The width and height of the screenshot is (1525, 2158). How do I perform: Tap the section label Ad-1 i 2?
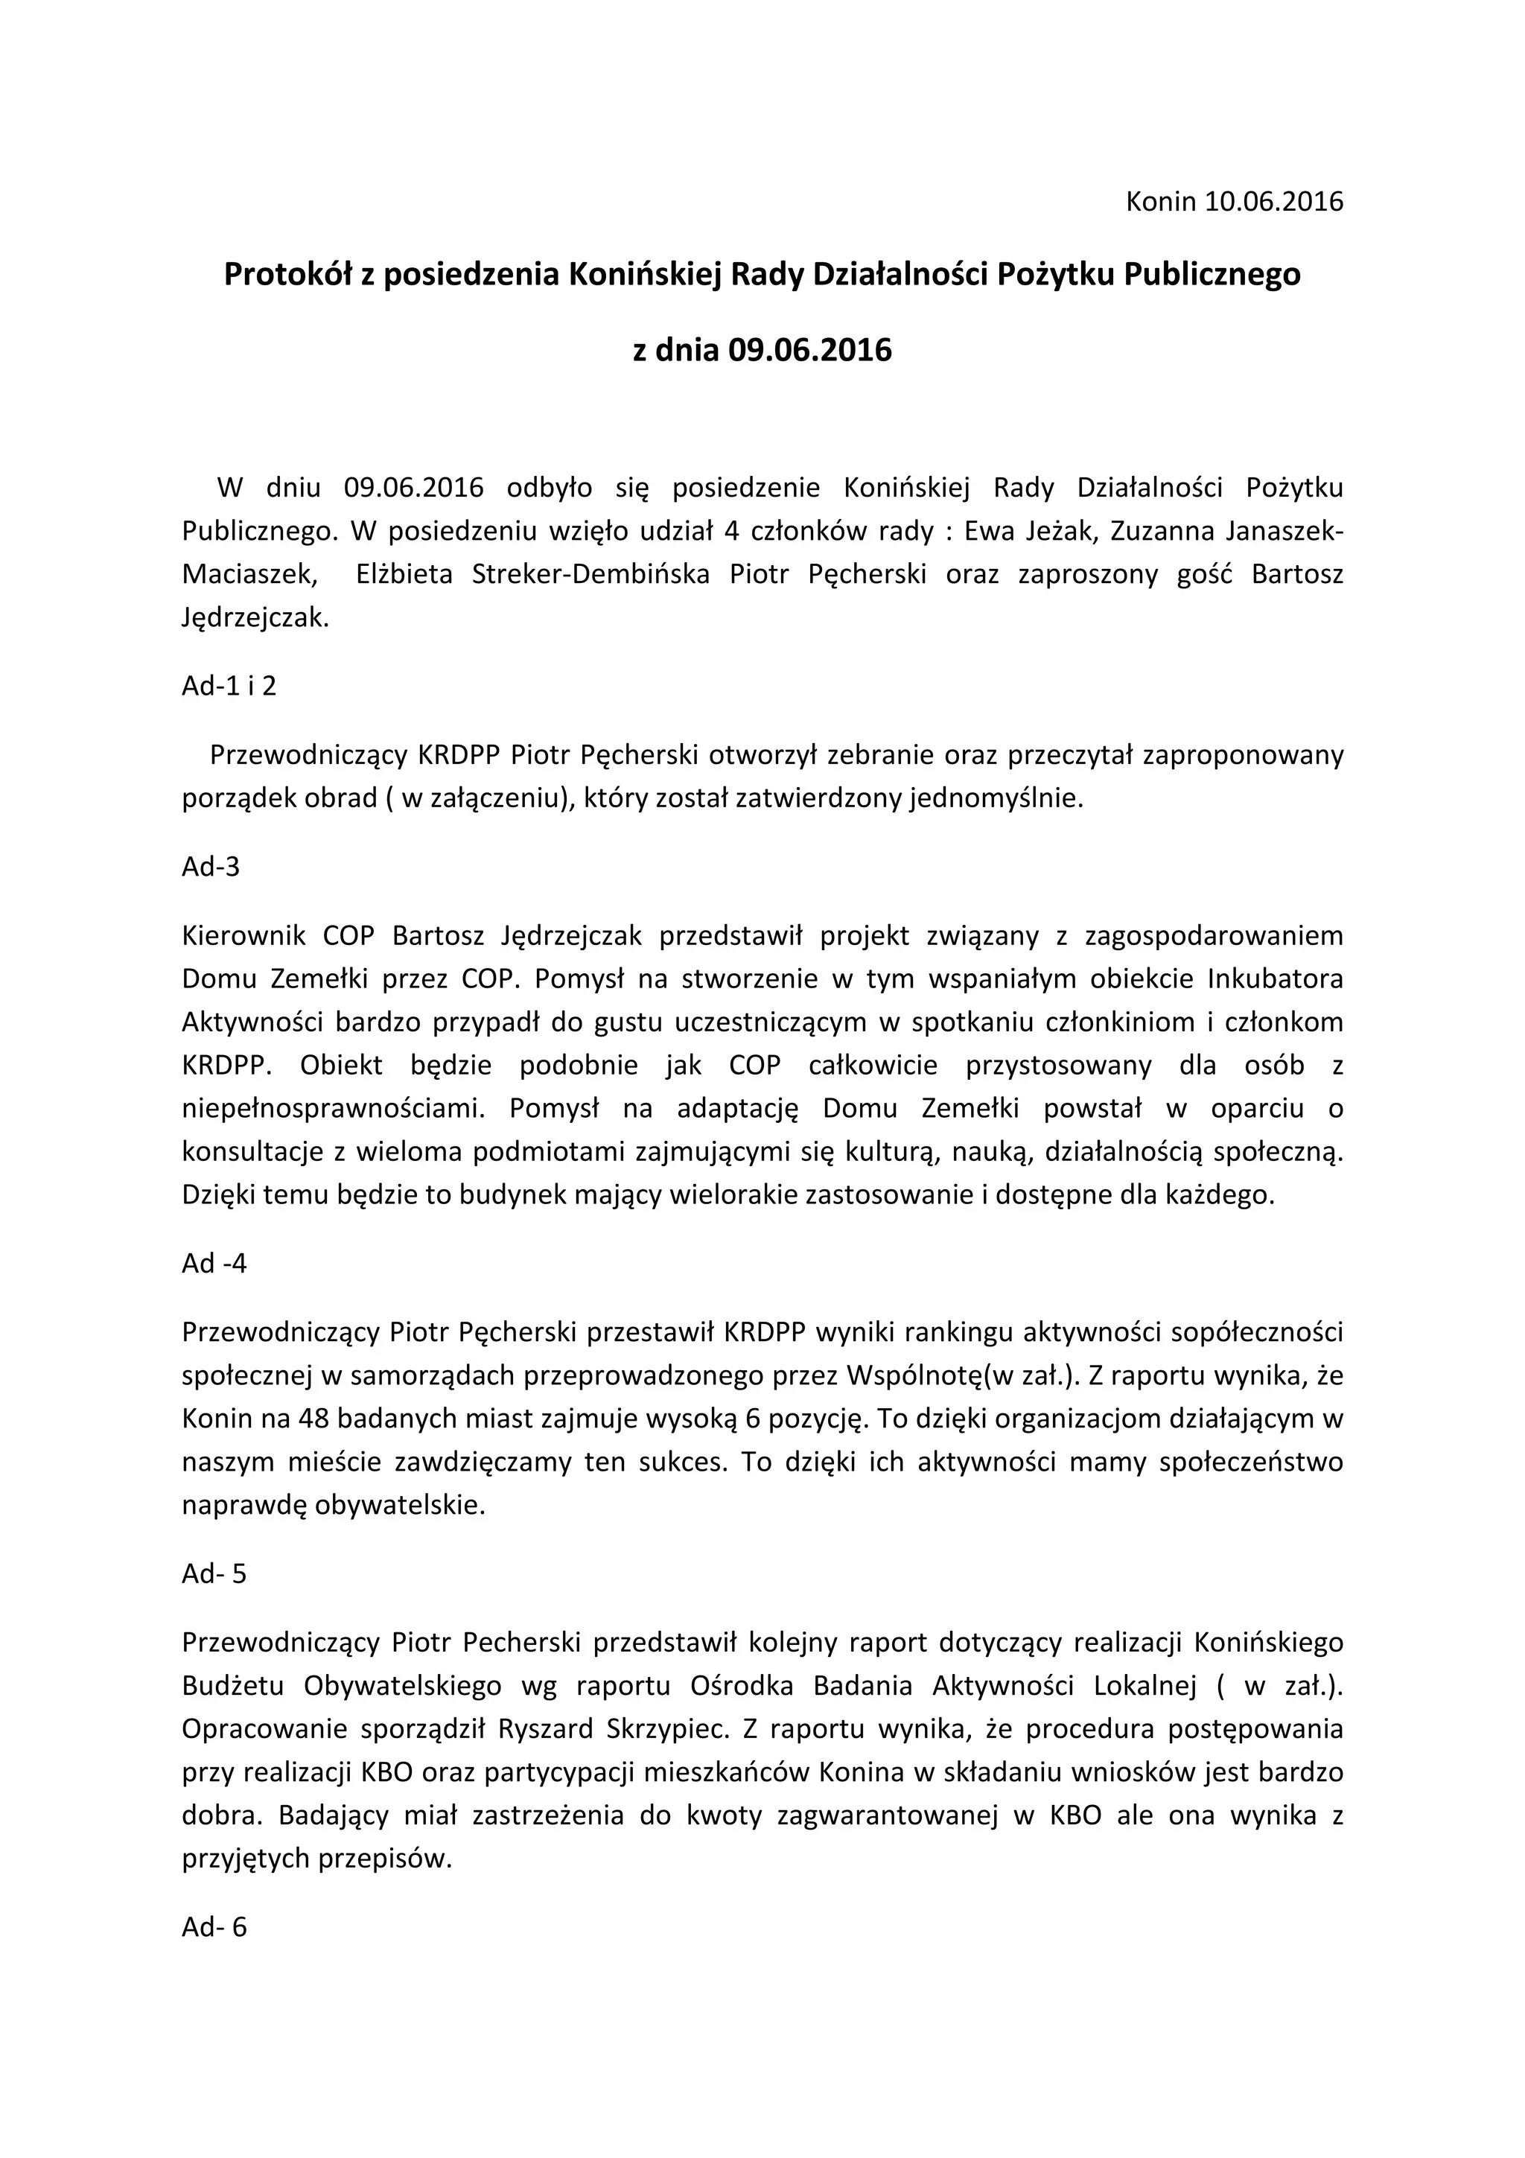coord(229,685)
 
